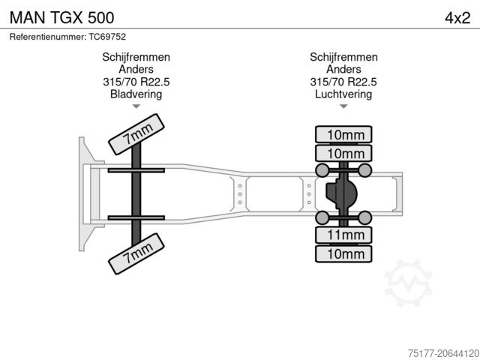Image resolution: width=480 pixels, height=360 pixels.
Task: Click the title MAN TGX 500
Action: coord(61,16)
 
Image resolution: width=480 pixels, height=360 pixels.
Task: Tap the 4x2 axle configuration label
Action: coord(457,16)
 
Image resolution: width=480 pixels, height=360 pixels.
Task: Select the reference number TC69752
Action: coord(67,37)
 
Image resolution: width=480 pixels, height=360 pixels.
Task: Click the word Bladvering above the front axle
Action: coord(136,94)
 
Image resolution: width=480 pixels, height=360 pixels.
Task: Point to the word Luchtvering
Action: coord(343,94)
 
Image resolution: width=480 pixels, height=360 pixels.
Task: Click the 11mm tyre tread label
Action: coord(344,235)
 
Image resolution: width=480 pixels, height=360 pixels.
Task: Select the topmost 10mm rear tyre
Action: coord(344,135)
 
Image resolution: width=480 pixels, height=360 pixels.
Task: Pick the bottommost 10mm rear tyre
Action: coord(344,254)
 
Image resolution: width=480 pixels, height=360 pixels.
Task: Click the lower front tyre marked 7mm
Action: coord(136,254)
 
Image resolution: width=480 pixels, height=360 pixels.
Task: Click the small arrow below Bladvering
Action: coord(136,107)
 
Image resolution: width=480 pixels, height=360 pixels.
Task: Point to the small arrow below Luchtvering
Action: coord(343,107)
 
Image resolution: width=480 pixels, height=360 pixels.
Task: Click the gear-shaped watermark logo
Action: coord(409,283)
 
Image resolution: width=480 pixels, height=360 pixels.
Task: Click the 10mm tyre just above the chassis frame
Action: coord(344,154)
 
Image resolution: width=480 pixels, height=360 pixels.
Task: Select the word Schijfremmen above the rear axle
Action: coord(343,58)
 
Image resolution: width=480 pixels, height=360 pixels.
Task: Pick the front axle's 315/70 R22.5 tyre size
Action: coord(136,82)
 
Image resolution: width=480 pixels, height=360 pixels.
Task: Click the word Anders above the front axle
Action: coord(136,70)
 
